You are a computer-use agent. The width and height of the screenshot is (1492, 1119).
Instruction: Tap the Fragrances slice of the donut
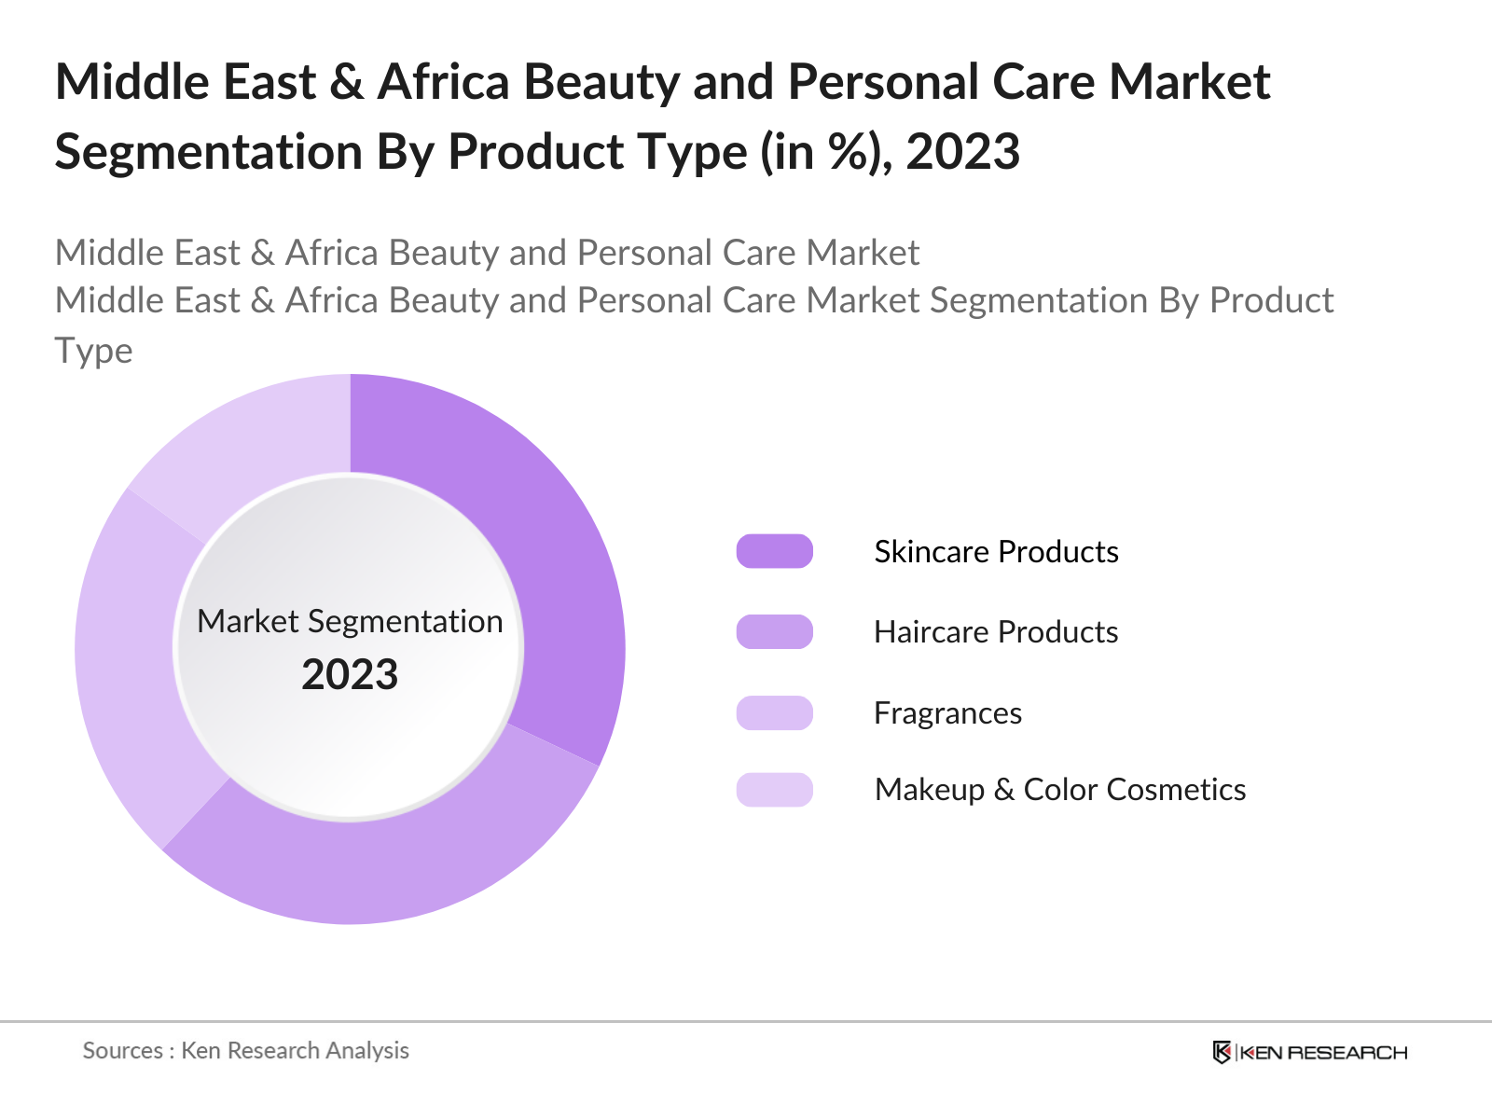131,671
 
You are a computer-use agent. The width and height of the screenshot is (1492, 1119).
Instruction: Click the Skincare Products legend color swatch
774,551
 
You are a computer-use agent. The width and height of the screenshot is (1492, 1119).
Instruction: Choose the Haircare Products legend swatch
774,631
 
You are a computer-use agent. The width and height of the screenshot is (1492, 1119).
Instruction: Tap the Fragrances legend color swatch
774,712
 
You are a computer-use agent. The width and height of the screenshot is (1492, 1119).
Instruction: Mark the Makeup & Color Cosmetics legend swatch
774,789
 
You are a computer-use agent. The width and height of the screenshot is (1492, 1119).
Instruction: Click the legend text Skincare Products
996,551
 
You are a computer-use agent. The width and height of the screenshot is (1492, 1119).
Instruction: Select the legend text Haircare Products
996,631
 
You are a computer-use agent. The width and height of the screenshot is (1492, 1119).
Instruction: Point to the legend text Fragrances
947,712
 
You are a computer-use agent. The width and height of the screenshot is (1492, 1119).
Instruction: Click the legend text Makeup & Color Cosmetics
1059,789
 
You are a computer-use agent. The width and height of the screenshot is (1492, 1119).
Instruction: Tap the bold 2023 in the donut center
350,674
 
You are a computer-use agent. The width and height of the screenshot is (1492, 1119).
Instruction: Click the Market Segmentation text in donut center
350,621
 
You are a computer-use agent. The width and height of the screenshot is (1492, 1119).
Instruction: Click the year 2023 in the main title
962,152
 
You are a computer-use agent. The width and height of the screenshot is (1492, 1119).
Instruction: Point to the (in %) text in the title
821,152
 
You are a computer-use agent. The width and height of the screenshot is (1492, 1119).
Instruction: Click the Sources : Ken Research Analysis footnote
246,1050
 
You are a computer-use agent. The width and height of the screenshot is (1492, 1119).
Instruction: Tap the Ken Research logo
1309,1052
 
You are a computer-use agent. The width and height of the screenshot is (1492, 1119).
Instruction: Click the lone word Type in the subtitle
93,351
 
